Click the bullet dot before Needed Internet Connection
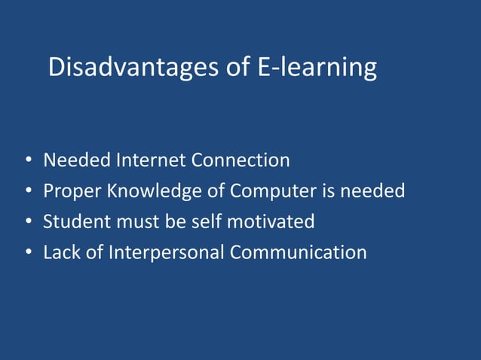[28, 161]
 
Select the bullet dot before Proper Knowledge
[28, 192]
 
